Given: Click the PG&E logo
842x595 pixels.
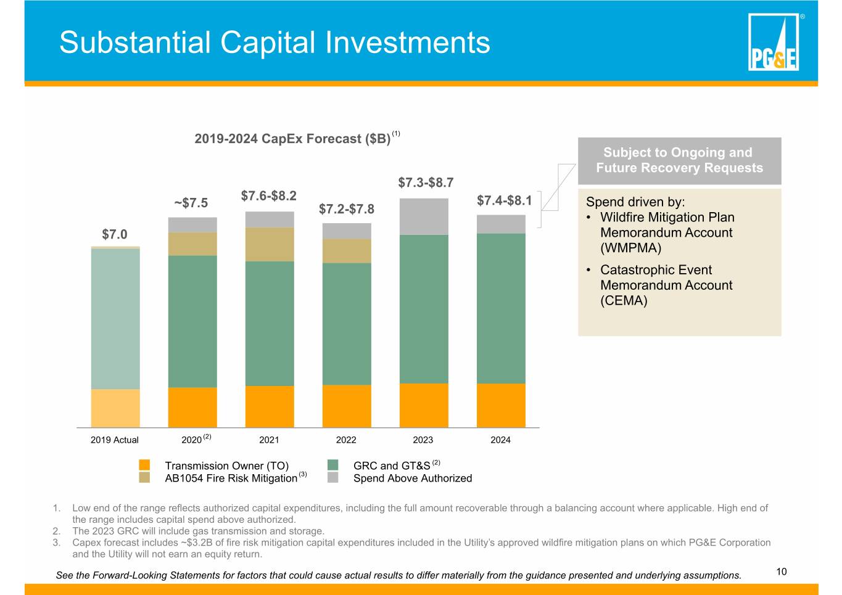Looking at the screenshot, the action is coord(773,42).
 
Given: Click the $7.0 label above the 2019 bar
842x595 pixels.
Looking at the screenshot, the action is coord(115,234).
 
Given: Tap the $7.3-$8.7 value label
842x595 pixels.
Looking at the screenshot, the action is coord(426,183).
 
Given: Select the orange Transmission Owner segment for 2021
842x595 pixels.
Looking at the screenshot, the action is coord(270,406).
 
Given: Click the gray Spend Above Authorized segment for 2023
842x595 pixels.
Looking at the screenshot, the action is coord(424,217).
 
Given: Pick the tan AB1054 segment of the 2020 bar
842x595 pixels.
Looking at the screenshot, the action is coord(192,244).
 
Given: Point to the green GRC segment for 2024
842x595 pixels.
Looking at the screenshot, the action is coord(501,308).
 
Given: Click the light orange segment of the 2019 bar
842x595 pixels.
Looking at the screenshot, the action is coord(115,408).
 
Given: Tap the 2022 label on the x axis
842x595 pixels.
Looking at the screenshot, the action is coord(346,440).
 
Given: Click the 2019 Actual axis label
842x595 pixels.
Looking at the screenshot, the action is coord(115,440).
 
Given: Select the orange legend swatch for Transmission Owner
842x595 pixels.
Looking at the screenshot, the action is coord(144,465).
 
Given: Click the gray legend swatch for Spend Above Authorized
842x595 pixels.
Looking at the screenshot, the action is coord(332,477).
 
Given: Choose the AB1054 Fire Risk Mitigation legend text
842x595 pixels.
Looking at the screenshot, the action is coord(231,478).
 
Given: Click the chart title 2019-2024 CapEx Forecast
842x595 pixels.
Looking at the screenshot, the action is coord(292,139).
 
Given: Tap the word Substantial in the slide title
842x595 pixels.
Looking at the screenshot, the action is coord(134,42).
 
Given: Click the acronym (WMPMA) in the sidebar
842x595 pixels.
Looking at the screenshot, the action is coord(630,248).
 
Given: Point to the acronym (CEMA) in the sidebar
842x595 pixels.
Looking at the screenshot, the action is coord(624,300).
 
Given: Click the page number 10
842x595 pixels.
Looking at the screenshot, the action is coord(782,572).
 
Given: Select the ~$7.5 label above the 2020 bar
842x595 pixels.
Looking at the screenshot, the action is coord(191,203).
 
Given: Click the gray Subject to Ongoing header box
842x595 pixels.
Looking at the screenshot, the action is coord(680,161).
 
